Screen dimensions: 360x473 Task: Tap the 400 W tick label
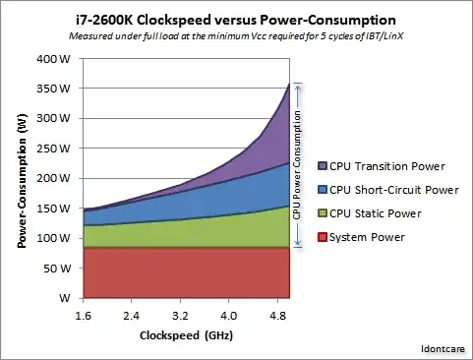pos(55,58)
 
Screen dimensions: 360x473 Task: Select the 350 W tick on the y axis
pos(55,89)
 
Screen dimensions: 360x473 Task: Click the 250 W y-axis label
pos(55,149)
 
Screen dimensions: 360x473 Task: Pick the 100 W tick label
pos(55,238)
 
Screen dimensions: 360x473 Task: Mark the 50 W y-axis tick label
pos(57,268)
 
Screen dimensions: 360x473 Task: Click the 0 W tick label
pos(62,298)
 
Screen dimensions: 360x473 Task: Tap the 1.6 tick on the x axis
pos(83,316)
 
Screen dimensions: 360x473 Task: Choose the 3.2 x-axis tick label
pos(179,316)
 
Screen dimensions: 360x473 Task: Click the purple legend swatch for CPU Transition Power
pos(321,165)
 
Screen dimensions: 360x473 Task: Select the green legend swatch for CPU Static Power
pos(321,212)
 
